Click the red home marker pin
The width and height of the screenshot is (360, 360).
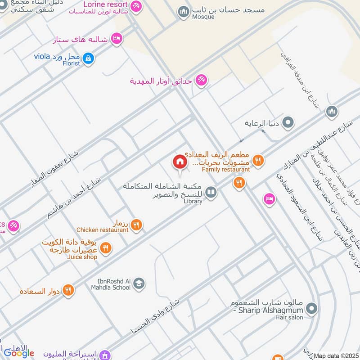coord(180,162)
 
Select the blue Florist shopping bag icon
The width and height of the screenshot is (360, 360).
coord(88,58)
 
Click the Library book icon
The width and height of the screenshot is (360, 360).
coord(210,193)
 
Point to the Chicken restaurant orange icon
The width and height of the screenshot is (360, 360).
coord(136,225)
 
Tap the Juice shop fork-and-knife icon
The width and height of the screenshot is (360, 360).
coord(105,247)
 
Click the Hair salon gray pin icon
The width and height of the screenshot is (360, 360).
coord(311,309)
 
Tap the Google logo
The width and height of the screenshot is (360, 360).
coord(19,353)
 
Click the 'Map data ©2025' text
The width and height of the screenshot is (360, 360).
coord(337,356)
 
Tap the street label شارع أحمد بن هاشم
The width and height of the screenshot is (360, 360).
coord(74,198)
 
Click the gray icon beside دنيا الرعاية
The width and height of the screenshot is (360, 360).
coord(288,122)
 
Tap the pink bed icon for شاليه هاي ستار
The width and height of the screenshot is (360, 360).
coord(117,39)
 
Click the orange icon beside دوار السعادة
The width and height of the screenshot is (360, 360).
coord(68,290)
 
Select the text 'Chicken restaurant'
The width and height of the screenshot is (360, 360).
coord(103,230)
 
